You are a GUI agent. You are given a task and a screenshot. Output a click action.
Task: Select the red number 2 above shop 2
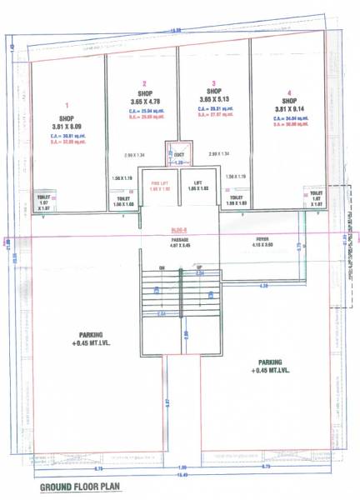(144, 83)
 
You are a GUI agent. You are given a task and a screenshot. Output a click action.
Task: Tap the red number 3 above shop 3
(214, 83)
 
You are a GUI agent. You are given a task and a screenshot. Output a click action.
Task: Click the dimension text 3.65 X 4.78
(144, 102)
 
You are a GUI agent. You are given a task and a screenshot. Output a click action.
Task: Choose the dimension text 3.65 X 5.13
(214, 102)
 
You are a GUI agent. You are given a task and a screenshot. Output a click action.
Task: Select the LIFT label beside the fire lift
(198, 182)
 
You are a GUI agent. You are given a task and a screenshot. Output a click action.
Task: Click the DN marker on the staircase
(162, 267)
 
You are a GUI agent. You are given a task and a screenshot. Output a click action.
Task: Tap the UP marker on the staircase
(198, 267)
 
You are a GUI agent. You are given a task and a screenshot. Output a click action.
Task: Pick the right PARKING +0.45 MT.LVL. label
(270, 366)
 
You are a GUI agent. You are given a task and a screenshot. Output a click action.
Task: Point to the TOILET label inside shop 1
(44, 197)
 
